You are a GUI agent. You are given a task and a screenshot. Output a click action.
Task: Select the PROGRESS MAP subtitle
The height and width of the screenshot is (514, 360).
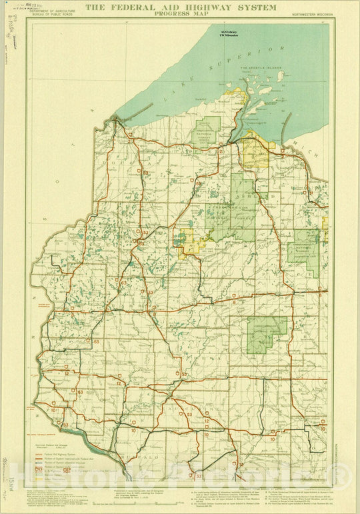click(180, 13)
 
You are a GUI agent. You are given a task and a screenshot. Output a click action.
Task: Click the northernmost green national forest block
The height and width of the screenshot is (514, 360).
click(206, 131)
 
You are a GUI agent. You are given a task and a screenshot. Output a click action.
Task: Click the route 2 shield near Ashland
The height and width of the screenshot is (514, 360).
click(221, 151)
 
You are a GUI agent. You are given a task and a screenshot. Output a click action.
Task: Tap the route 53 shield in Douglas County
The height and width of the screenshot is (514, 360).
click(145, 232)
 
